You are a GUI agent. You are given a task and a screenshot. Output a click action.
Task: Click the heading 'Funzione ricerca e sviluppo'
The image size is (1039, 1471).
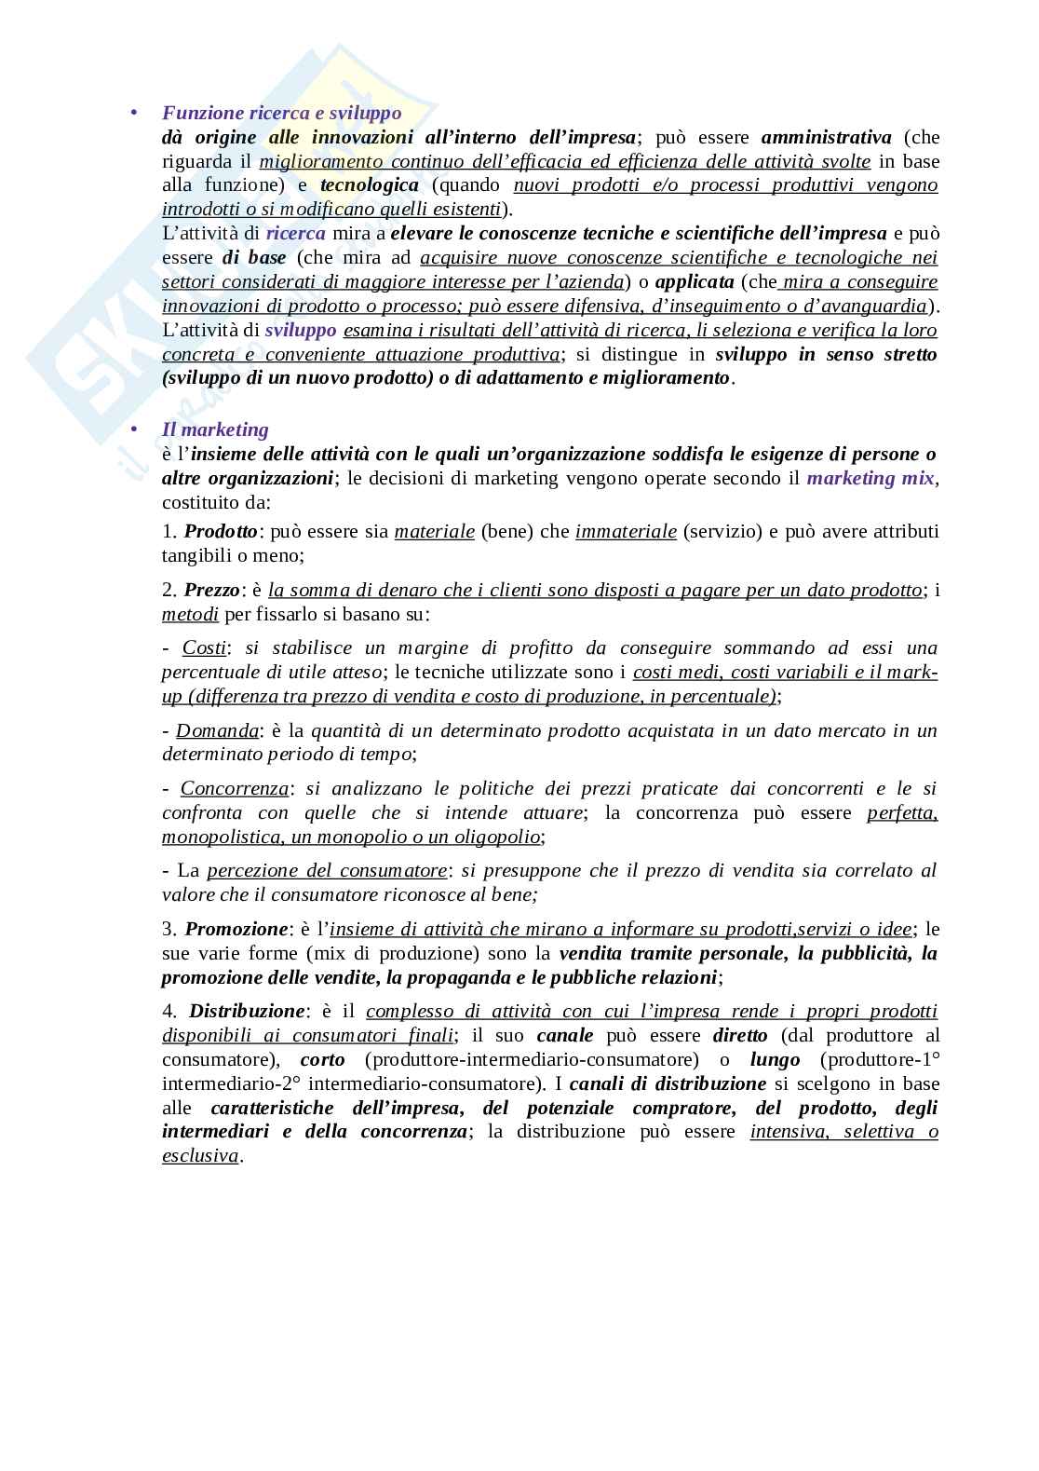281,113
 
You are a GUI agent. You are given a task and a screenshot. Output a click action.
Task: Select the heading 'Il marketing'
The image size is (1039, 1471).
215,429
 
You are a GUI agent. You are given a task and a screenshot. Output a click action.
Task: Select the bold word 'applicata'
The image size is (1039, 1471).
695,281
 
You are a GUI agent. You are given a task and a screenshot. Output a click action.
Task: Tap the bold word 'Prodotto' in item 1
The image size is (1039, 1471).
221,531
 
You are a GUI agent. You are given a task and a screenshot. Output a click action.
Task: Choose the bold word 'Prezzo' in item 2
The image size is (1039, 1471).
212,590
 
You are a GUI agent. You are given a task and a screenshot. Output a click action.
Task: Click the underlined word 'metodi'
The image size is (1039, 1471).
190,614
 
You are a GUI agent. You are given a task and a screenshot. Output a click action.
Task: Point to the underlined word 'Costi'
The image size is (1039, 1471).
204,647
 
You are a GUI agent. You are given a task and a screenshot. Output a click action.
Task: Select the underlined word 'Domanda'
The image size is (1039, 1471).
217,730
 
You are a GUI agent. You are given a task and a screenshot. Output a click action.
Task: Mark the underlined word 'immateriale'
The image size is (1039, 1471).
626,531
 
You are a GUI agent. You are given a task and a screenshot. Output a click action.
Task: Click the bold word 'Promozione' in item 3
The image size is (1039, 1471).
236,929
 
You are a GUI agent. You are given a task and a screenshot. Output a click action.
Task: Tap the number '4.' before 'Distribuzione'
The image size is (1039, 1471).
169,1011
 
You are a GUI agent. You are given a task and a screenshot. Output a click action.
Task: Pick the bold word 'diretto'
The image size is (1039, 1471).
740,1035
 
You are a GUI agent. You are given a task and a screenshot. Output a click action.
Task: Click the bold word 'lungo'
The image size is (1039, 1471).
775,1059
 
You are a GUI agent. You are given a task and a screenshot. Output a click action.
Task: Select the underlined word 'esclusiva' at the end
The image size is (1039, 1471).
200,1155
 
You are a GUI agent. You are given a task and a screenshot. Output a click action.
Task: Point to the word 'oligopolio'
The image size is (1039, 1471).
497,837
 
